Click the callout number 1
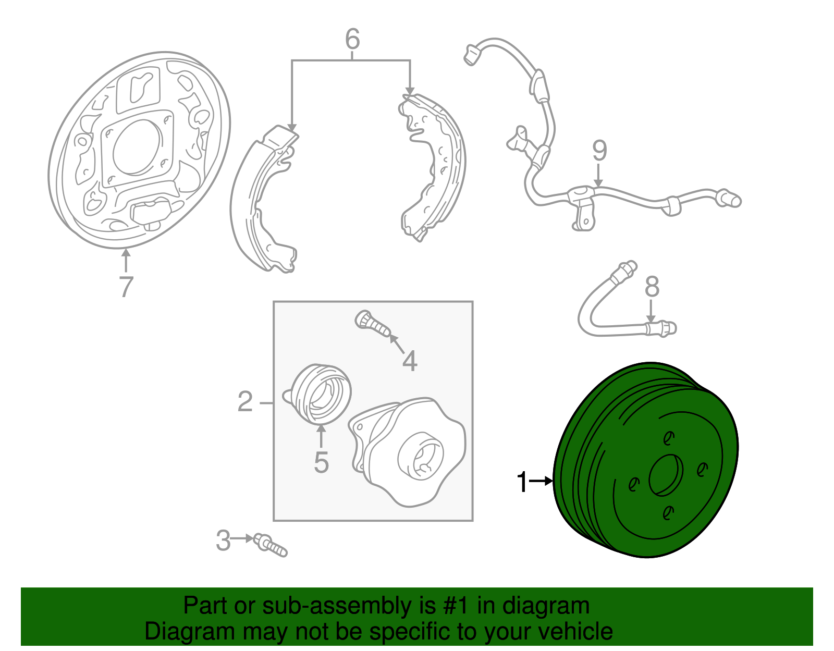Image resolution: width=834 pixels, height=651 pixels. (x=522, y=482)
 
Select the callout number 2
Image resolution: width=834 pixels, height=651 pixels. (x=245, y=402)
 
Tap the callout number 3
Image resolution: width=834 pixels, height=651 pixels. (x=223, y=541)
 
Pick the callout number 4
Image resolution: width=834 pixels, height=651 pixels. (x=410, y=361)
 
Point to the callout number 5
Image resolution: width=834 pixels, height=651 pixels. (x=321, y=462)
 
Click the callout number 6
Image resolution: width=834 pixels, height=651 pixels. (x=352, y=39)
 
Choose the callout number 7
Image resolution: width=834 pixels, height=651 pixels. (x=126, y=286)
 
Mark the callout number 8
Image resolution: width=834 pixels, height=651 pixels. (x=652, y=287)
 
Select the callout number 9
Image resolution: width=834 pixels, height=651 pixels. (x=599, y=151)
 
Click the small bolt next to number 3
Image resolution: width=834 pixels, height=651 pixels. (x=271, y=545)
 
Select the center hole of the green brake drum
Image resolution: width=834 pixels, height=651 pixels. (x=666, y=475)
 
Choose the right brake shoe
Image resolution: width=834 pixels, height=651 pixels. (x=435, y=167)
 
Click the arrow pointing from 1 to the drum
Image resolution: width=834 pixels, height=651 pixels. (x=542, y=481)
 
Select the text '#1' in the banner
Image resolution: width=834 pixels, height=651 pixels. (x=457, y=606)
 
